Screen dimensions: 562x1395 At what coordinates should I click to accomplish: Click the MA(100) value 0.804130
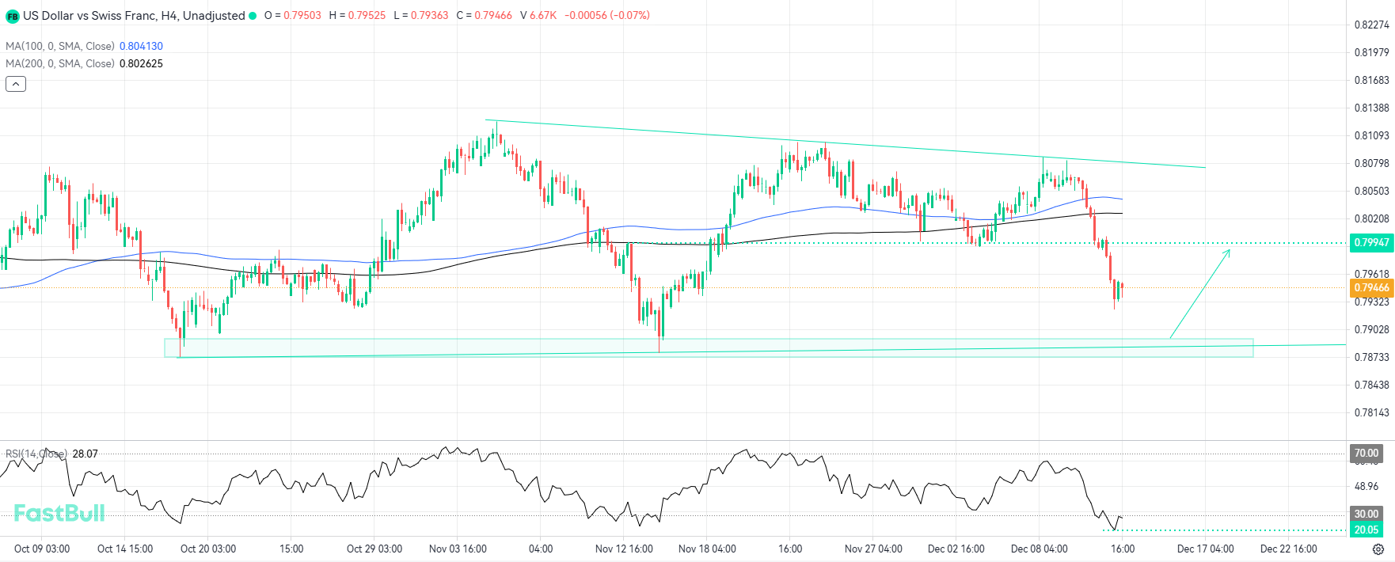141,46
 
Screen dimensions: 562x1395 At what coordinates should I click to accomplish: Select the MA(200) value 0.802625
141,63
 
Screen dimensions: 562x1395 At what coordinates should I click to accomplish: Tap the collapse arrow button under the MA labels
16,84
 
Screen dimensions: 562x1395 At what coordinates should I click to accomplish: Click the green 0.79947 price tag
1371,242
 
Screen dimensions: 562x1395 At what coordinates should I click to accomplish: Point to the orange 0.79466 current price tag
1371,287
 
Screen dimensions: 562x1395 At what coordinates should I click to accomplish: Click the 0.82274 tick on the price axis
1371,25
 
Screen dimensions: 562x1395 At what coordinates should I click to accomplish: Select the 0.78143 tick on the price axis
1371,412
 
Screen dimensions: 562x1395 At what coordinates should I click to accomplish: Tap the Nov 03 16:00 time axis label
458,549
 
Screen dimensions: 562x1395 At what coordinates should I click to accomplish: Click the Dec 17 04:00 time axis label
1205,549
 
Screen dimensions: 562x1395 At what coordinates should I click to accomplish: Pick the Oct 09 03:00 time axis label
42,549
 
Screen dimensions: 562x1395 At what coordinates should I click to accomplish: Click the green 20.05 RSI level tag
1366,530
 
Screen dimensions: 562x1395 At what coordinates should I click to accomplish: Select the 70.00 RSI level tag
1366,454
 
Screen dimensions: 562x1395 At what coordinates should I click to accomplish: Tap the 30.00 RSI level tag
1366,514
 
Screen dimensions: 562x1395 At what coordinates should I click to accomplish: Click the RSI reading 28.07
85,454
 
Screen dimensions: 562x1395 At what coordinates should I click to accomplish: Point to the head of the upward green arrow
1229,251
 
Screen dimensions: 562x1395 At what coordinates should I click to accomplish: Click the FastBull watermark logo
59,513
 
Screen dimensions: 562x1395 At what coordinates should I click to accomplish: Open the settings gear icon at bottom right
1378,549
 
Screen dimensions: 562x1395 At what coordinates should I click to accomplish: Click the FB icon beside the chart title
13,16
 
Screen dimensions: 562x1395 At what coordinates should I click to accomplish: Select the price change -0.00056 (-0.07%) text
607,15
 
